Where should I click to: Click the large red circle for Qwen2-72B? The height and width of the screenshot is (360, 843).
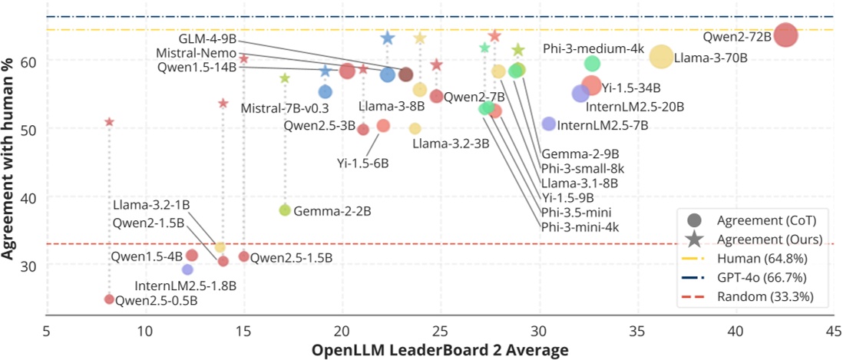click(785, 35)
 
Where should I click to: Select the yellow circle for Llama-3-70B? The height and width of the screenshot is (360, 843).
click(661, 56)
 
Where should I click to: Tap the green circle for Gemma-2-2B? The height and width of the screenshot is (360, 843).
click(285, 210)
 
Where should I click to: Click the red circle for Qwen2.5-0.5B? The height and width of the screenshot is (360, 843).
click(109, 299)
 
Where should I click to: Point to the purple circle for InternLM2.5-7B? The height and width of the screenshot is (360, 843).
click(548, 124)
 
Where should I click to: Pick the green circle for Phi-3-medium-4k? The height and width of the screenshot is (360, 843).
click(592, 64)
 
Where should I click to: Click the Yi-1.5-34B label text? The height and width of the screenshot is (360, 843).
click(631, 88)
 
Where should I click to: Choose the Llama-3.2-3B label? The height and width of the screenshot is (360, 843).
click(451, 144)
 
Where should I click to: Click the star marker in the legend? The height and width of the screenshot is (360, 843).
click(694, 239)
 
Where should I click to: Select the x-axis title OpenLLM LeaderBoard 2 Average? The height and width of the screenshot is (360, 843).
click(440, 350)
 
